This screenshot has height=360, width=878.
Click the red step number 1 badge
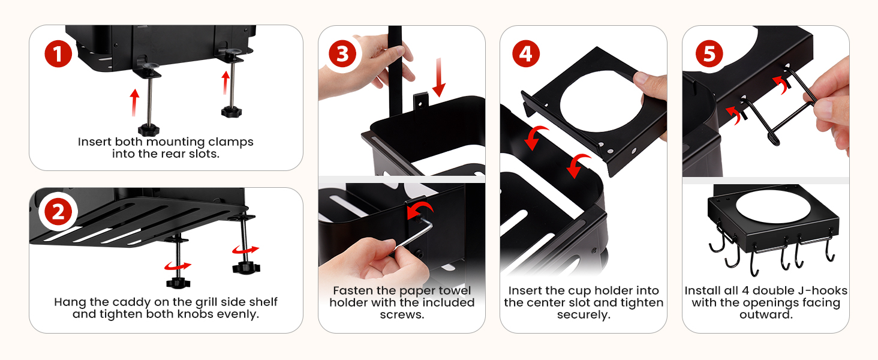click(x=58, y=54)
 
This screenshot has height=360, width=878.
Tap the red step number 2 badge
click(x=58, y=213)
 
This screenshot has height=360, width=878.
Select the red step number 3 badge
click(x=342, y=54)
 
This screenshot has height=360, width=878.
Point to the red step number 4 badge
click(x=526, y=54)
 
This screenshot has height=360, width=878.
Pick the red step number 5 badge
click(x=709, y=54)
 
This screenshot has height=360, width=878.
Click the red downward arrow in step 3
click(x=439, y=77)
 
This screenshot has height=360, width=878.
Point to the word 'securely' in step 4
click(x=584, y=315)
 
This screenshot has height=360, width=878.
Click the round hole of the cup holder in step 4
click(x=602, y=101)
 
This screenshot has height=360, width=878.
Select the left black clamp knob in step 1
click(x=149, y=129)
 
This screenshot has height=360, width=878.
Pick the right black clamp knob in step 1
click(x=231, y=112)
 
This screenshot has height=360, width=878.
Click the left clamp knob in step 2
click(x=178, y=283)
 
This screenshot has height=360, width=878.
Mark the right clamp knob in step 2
click(x=246, y=268)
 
